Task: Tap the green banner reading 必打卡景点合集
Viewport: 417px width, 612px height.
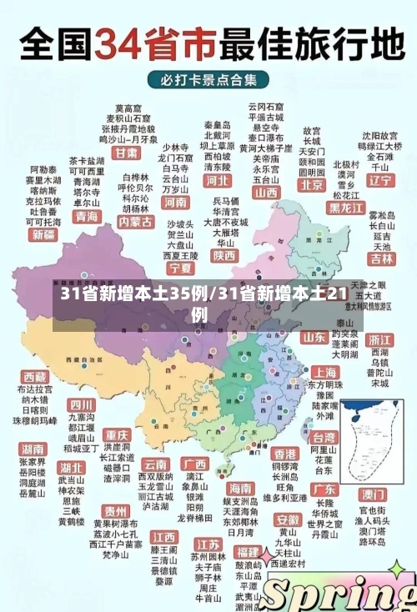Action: tap(208, 80)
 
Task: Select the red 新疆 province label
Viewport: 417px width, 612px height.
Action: tap(43, 235)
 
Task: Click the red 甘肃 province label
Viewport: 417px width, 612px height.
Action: tap(127, 153)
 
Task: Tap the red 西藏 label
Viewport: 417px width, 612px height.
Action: tap(35, 377)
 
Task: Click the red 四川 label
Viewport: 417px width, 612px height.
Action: tap(82, 404)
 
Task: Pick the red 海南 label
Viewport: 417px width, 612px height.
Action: tap(240, 487)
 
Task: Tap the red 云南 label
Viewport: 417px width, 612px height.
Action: tap(156, 464)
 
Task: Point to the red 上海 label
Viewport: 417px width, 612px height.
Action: tap(324, 372)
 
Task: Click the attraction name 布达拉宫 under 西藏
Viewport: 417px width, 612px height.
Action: tap(35, 389)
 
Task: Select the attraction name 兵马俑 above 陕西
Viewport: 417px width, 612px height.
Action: tap(225, 202)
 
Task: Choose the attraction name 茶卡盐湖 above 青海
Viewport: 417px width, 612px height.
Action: tap(87, 160)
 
